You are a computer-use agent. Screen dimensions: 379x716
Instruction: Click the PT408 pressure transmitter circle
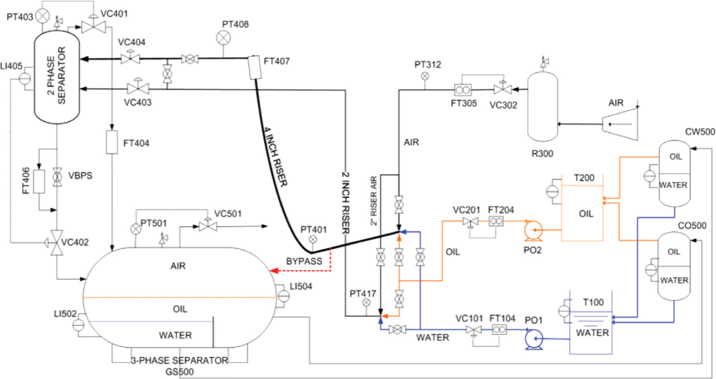click(223, 38)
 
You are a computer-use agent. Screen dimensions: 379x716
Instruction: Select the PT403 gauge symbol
click(43, 17)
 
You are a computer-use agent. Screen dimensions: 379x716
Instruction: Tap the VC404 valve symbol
click(130, 58)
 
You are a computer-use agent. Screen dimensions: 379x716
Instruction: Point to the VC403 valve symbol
click(138, 88)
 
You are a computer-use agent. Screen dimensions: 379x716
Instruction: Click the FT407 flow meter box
click(255, 67)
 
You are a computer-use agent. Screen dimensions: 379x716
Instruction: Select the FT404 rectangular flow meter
click(112, 142)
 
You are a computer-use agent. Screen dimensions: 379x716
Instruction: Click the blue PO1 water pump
click(534, 338)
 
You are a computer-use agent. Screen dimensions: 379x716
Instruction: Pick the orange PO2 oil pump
click(533, 230)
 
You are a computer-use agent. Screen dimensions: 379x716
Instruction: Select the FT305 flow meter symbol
click(463, 90)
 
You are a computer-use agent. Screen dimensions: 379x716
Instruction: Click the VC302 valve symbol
click(502, 89)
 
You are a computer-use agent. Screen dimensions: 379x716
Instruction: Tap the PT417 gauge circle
click(366, 302)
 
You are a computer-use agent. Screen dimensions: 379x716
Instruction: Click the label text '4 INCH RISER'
click(275, 156)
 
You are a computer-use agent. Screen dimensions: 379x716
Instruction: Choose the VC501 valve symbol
click(207, 226)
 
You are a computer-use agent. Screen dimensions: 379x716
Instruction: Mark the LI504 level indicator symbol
click(284, 296)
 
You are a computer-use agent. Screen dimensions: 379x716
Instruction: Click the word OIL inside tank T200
click(586, 214)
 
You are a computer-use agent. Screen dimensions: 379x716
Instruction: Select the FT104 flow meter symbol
click(499, 330)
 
